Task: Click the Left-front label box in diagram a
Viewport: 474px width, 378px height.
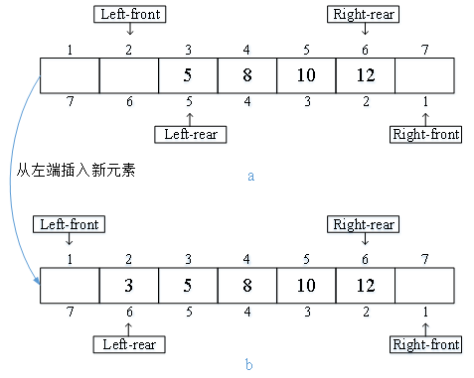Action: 129,14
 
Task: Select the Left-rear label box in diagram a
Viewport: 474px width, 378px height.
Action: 189,134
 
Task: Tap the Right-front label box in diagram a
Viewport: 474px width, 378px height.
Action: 426,134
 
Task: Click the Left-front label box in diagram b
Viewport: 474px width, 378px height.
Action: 69,224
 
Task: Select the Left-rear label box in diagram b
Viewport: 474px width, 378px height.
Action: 129,344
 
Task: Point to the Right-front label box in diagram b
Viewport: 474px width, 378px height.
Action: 426,344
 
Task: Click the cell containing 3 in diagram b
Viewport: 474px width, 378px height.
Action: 129,286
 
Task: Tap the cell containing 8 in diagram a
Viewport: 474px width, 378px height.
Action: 247,75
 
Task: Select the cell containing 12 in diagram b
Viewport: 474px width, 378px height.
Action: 366,286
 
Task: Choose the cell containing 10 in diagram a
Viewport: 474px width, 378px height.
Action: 307,75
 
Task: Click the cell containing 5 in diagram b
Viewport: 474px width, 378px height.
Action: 189,286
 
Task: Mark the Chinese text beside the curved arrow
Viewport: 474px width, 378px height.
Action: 75,170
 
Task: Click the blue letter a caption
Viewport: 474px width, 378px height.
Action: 251,176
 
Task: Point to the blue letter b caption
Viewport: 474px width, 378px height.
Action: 249,365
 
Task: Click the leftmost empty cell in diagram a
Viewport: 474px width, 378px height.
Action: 70,75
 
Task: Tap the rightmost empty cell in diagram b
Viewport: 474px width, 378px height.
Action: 425,286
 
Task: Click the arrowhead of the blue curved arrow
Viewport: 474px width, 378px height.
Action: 41,282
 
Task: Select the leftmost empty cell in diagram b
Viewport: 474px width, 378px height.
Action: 70,286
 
